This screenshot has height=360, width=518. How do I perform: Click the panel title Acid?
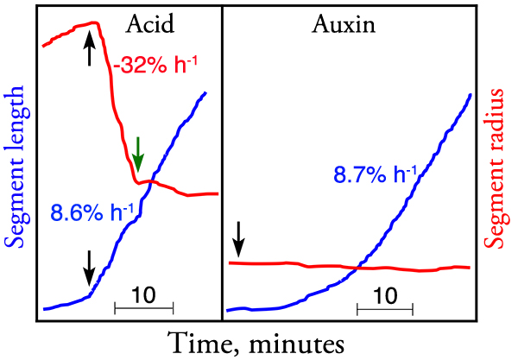click(x=149, y=23)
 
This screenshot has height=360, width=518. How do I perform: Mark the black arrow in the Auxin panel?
click(x=240, y=236)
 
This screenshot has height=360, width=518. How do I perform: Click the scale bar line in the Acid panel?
click(x=144, y=306)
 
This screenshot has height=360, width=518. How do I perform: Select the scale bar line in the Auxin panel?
click(x=384, y=306)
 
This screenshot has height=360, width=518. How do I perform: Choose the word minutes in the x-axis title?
click(x=290, y=341)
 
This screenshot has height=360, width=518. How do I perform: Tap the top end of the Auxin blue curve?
click(x=471, y=94)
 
